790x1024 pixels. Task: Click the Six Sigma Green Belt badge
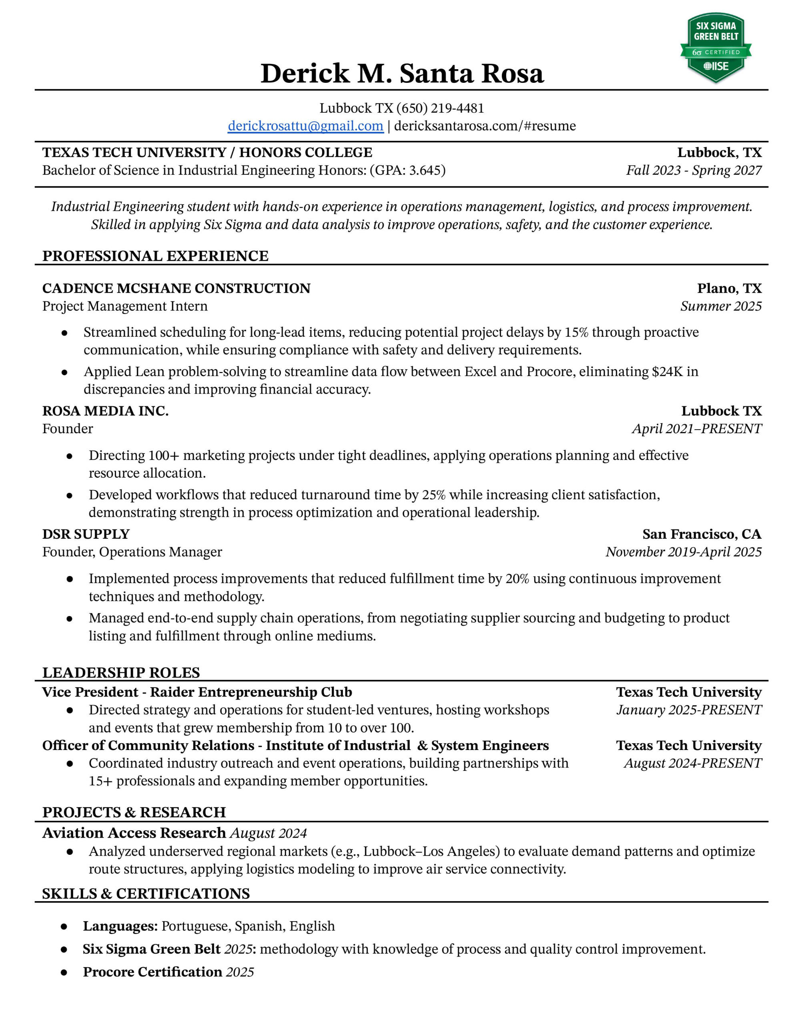[x=715, y=47]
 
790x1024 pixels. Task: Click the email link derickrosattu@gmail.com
[x=305, y=126]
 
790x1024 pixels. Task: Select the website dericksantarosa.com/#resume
[x=485, y=126]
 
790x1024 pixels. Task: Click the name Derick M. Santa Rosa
[x=402, y=73]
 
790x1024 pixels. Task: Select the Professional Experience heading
[x=155, y=256]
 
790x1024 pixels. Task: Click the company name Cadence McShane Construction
[x=176, y=288]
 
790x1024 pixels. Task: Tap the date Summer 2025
[x=721, y=306]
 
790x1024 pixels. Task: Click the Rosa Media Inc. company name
[x=106, y=411]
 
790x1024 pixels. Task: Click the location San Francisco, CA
[x=701, y=534]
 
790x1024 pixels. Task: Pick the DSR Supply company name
[x=86, y=534]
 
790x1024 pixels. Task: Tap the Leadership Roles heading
[x=121, y=673]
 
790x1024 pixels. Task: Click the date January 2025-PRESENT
[x=689, y=710]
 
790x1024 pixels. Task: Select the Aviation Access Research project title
[x=134, y=833]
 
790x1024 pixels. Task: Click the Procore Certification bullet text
[x=152, y=972]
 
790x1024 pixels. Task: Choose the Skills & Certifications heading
[x=146, y=894]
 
